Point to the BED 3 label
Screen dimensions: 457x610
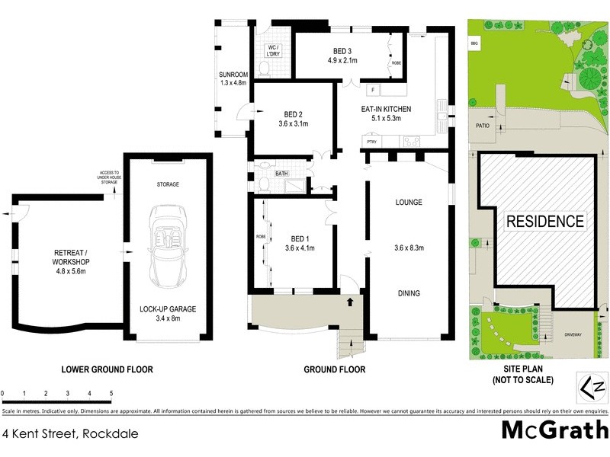click(342, 55)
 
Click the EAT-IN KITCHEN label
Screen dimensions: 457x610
click(391, 113)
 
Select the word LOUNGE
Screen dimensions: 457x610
click(409, 202)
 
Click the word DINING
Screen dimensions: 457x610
click(408, 293)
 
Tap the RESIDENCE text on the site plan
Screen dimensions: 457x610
click(545, 222)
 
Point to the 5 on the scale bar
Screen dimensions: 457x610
click(111, 394)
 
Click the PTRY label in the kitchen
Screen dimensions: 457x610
click(372, 142)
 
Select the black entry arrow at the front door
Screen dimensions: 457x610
click(351, 302)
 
